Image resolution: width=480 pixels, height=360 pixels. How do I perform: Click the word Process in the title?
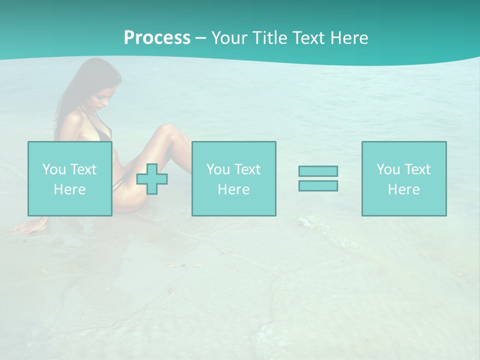click(157, 38)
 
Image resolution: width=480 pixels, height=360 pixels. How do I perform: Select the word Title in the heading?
click(269, 38)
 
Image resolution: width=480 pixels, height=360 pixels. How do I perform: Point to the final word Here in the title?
click(350, 38)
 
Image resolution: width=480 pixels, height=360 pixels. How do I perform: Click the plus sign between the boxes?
click(152, 179)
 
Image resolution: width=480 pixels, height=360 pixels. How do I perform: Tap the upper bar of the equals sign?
click(318, 171)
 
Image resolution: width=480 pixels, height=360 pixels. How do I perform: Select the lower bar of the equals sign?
click(318, 185)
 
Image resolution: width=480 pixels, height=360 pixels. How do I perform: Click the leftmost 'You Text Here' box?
click(70, 178)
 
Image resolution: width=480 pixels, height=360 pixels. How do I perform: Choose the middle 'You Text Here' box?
click(233, 178)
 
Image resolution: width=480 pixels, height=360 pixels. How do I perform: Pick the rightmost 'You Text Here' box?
click(404, 178)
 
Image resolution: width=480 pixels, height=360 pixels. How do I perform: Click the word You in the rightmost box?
click(388, 169)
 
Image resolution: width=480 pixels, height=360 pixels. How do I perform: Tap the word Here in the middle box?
click(233, 189)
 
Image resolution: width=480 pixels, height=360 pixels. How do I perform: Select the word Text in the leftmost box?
click(83, 169)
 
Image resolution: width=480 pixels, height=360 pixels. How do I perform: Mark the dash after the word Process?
click(200, 38)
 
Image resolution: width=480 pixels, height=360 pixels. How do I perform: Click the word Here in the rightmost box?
click(404, 189)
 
